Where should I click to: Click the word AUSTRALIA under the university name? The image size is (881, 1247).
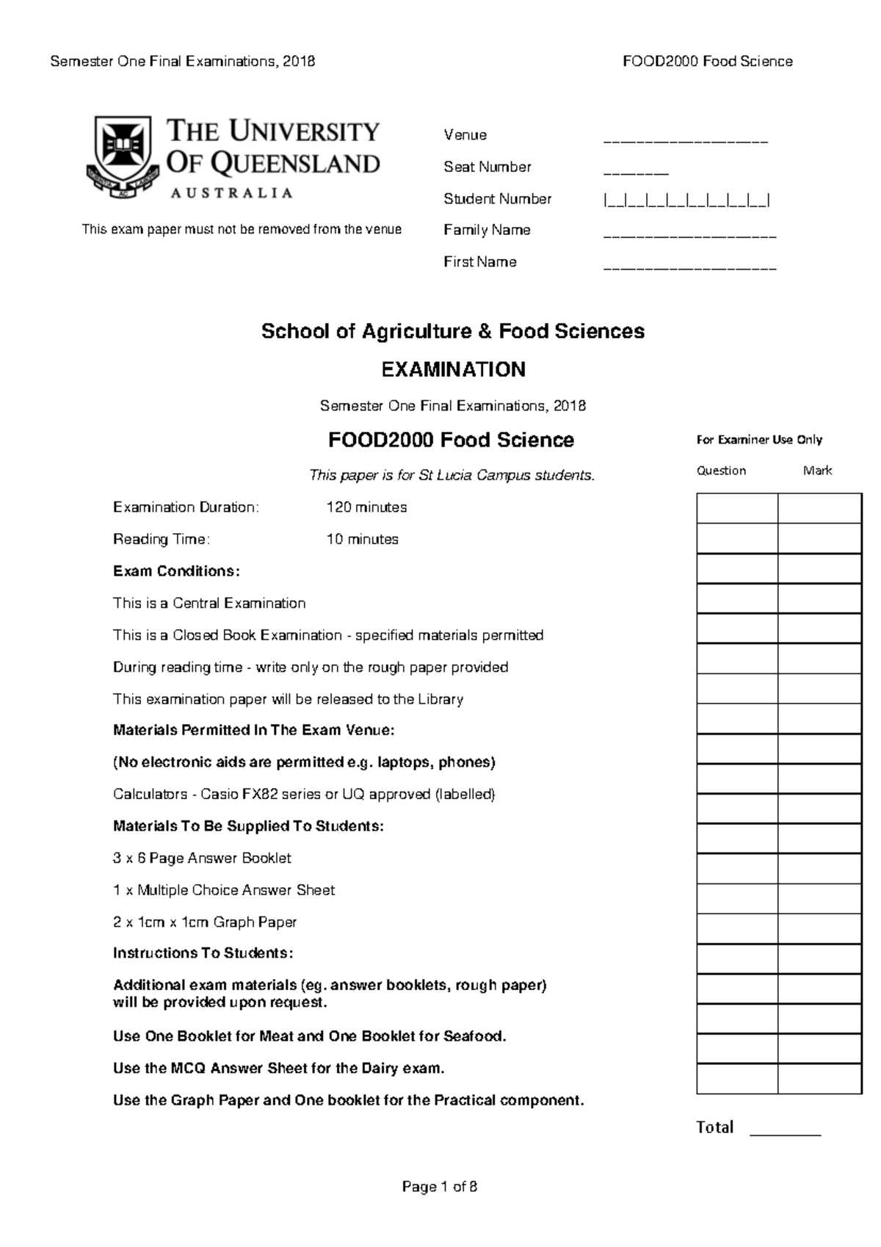(231, 193)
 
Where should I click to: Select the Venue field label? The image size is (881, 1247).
(465, 135)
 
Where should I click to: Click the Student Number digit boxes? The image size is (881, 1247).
(686, 200)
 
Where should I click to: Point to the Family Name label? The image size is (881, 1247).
(487, 231)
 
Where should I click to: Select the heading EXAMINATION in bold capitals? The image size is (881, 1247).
(453, 369)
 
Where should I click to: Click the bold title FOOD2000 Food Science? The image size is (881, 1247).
(451, 440)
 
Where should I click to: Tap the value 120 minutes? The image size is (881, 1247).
(366, 507)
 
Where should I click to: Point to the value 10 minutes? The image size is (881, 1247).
(362, 539)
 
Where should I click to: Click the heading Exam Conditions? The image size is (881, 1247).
(176, 571)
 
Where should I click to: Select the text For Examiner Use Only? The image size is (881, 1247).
(759, 440)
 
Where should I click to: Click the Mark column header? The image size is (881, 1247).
(817, 471)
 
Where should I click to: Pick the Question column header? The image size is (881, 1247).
(721, 471)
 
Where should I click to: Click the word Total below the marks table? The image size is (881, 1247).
(714, 1127)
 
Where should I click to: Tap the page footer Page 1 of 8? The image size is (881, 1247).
(440, 1187)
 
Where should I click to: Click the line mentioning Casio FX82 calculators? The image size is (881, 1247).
(304, 795)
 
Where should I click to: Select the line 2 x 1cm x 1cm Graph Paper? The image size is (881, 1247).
(205, 922)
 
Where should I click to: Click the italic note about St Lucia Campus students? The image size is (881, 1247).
(452, 476)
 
